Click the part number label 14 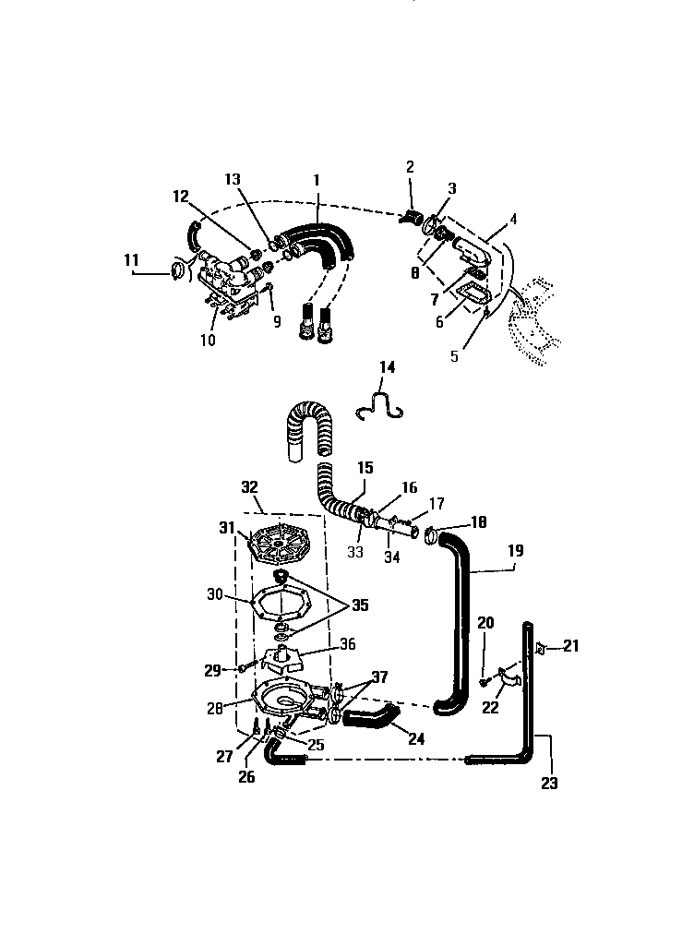[x=387, y=366]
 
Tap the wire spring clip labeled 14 [x=382, y=407]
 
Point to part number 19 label [x=515, y=552]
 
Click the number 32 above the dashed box [x=250, y=485]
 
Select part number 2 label [x=410, y=167]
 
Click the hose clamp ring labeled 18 [x=435, y=534]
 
